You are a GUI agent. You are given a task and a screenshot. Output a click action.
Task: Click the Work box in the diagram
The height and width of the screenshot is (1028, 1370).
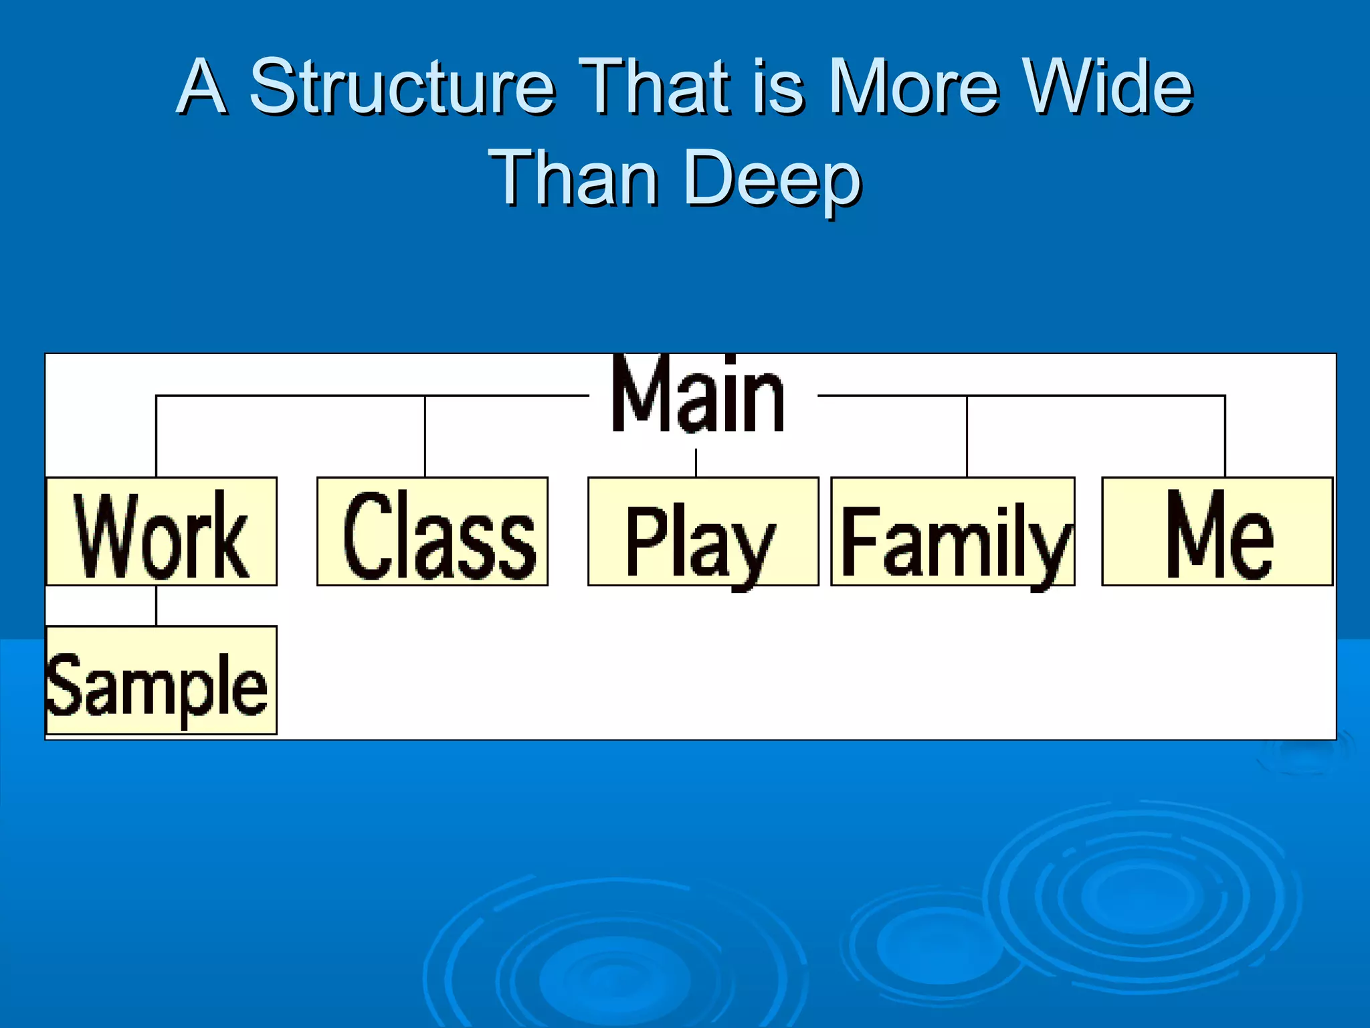tap(161, 531)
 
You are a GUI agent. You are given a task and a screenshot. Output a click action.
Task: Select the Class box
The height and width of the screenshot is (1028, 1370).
tap(432, 531)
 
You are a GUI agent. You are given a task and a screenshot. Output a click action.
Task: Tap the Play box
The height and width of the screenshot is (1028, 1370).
tap(703, 531)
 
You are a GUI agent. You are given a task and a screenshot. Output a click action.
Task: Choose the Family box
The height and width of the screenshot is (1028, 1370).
tap(953, 531)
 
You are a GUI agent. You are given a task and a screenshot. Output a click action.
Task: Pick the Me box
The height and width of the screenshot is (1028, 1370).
tap(1217, 531)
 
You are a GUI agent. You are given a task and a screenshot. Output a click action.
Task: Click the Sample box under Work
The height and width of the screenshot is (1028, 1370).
tap(161, 680)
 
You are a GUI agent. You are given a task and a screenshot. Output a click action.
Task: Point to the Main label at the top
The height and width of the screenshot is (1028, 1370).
tap(698, 396)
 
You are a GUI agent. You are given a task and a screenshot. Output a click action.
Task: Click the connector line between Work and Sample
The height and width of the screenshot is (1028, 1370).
tap(157, 606)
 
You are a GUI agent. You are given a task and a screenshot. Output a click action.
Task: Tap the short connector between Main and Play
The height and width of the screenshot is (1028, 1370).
tap(696, 462)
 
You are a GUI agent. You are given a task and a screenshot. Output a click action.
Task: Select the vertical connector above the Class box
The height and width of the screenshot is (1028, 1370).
tap(425, 436)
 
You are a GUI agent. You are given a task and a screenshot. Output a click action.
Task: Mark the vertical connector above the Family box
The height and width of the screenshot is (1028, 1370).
tap(967, 436)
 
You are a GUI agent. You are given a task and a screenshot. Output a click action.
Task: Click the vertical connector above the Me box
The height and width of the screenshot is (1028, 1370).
tap(1225, 436)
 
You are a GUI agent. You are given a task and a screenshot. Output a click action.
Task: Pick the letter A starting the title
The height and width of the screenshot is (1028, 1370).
tap(201, 86)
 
